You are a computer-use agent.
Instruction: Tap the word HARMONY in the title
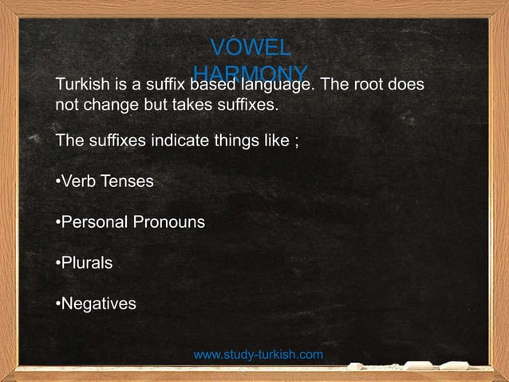coord(250,70)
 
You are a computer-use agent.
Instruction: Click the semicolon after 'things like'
coord(297,141)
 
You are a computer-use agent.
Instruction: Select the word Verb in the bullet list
coord(77,182)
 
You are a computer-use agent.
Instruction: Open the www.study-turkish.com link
coord(258,354)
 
